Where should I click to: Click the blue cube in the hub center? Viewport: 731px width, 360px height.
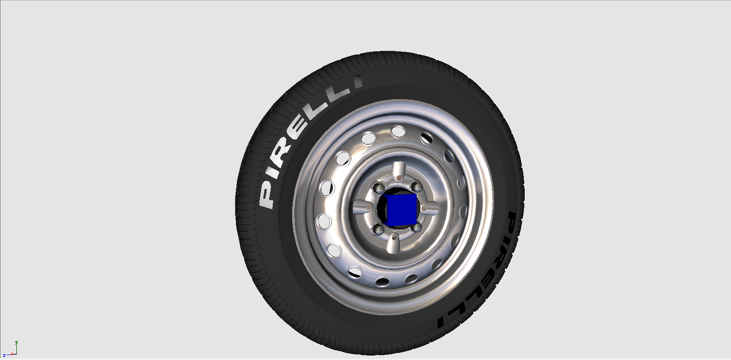click(x=401, y=210)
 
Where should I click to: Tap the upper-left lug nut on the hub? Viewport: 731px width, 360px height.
click(x=379, y=188)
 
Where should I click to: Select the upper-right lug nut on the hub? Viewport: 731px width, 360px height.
click(x=417, y=187)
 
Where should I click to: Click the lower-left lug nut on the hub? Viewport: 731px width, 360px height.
click(x=379, y=229)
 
